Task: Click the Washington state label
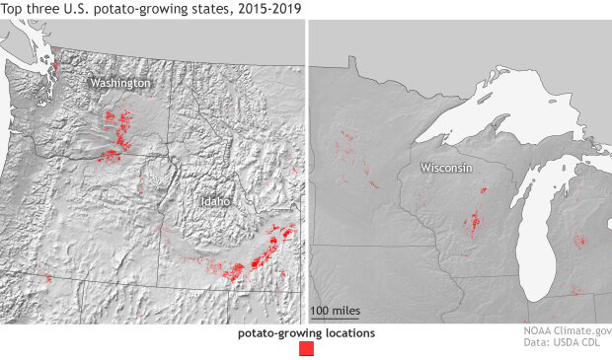120,84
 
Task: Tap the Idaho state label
215,201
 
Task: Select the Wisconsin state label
445,169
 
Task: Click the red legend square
306,349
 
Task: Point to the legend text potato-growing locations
306,333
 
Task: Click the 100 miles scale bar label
336,311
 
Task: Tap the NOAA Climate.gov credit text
568,333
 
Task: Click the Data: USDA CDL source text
568,347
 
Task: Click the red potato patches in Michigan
579,239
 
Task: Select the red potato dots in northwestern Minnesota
347,148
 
